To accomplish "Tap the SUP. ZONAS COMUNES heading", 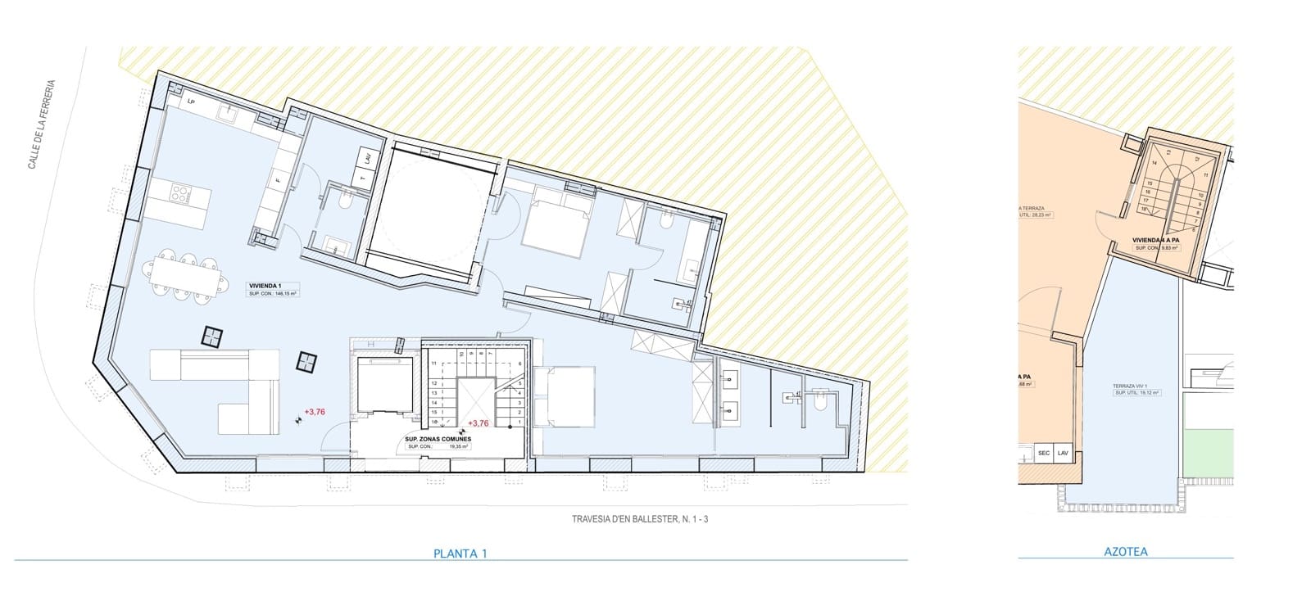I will point(438,439).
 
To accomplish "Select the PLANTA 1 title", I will point(460,554).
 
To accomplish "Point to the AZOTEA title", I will point(1126,552).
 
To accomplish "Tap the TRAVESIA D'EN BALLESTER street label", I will point(639,518).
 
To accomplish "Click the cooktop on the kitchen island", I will point(179,195).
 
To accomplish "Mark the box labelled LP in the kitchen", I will point(191,101).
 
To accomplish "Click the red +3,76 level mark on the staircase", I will point(478,423).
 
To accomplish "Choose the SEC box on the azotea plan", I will point(1044,453).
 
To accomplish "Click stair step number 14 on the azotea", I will point(1154,163).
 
